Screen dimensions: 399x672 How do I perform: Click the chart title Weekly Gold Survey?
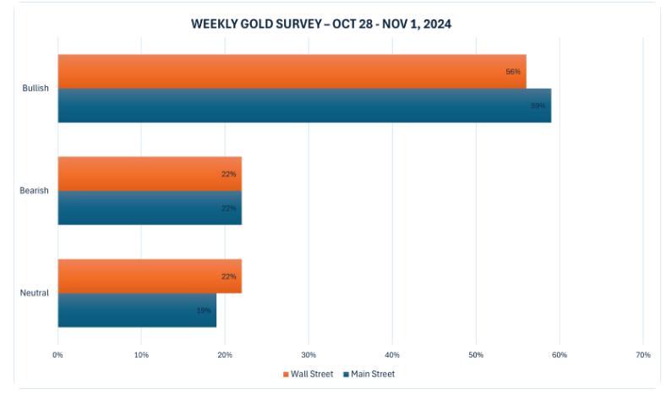click(321, 25)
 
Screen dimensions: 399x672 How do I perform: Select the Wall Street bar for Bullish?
click(292, 72)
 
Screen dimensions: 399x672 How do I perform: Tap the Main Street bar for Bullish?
click(304, 106)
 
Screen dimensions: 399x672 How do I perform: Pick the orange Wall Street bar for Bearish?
click(150, 173)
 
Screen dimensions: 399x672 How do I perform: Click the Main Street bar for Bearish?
click(150, 208)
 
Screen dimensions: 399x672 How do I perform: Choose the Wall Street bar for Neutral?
click(150, 276)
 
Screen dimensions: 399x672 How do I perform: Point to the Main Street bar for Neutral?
click(137, 310)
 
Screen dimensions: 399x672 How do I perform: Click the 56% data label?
click(513, 72)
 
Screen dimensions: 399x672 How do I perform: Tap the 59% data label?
click(538, 106)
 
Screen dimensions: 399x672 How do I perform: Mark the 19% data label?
click(204, 310)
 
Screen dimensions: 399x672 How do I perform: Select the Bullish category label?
click(36, 88)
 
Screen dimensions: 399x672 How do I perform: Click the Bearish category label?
click(35, 190)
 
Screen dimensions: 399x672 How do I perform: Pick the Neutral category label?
click(35, 292)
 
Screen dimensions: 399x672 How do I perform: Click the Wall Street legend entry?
click(308, 374)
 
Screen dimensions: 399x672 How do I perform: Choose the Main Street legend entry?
click(369, 374)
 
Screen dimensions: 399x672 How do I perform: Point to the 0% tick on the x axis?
click(58, 354)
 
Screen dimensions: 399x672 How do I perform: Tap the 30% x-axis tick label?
click(309, 354)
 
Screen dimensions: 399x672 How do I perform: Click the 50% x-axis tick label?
click(476, 354)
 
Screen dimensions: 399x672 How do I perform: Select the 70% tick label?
click(642, 354)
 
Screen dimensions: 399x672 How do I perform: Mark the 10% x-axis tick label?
click(141, 354)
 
